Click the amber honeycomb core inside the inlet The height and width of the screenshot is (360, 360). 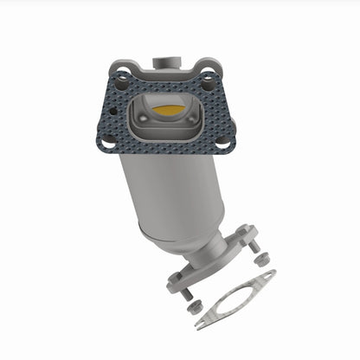tap(170, 110)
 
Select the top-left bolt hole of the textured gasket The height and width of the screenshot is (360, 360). tap(122, 85)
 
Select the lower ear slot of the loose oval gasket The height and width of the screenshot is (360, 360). tap(202, 323)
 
